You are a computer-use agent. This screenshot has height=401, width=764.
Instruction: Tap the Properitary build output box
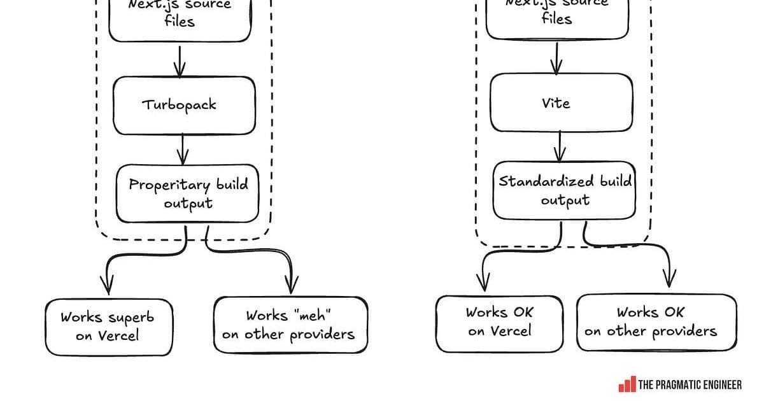click(188, 193)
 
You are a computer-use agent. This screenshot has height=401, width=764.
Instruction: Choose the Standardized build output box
click(564, 190)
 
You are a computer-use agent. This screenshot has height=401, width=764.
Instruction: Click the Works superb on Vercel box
click(108, 327)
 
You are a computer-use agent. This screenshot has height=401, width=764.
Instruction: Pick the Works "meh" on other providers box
click(291, 325)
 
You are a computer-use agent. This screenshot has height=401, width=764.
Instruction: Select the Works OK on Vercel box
click(499, 322)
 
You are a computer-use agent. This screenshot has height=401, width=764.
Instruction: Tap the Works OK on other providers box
click(656, 322)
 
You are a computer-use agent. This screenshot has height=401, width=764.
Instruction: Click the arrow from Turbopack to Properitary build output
click(183, 149)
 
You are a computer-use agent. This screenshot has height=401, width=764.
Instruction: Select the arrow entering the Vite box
click(557, 59)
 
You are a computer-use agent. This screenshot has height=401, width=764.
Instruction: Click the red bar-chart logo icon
click(626, 384)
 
